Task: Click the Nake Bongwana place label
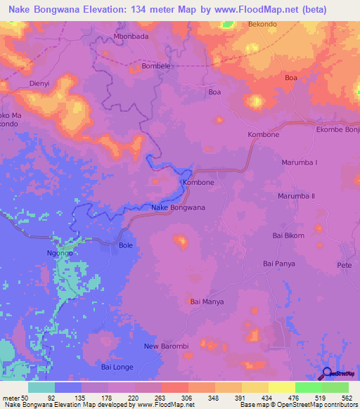tap(178, 207)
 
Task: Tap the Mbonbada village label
tap(130, 37)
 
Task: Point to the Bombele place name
tap(156, 66)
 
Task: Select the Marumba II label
tap(295, 196)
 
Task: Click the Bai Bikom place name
tap(288, 235)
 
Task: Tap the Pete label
tap(344, 265)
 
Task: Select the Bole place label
tap(125, 245)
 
